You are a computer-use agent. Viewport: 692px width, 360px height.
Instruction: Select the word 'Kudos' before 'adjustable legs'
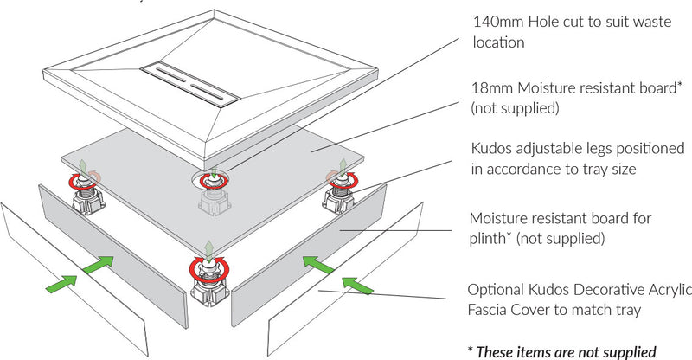[x=492, y=149]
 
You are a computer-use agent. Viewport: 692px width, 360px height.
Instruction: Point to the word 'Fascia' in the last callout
[x=490, y=308]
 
